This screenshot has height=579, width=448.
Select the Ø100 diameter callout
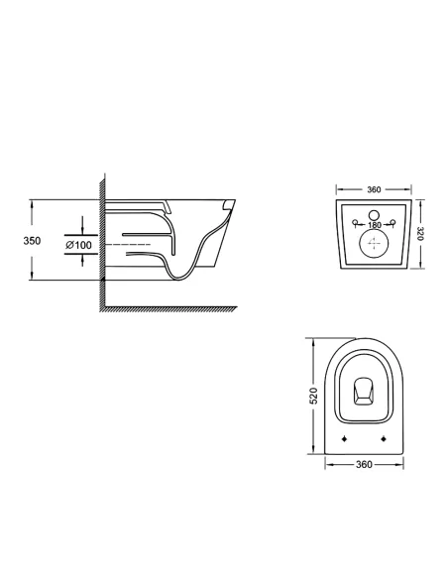point(78,243)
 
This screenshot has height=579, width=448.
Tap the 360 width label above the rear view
point(374,189)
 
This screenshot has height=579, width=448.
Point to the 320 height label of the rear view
point(419,234)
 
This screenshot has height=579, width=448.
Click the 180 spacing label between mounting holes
point(374,226)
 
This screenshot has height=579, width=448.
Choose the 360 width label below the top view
point(363,463)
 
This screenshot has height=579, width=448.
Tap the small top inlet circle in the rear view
point(374,214)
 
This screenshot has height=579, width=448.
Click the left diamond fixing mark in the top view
point(343,437)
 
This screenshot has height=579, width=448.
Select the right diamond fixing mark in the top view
point(383,437)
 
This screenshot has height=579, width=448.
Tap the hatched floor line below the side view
point(168,308)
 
